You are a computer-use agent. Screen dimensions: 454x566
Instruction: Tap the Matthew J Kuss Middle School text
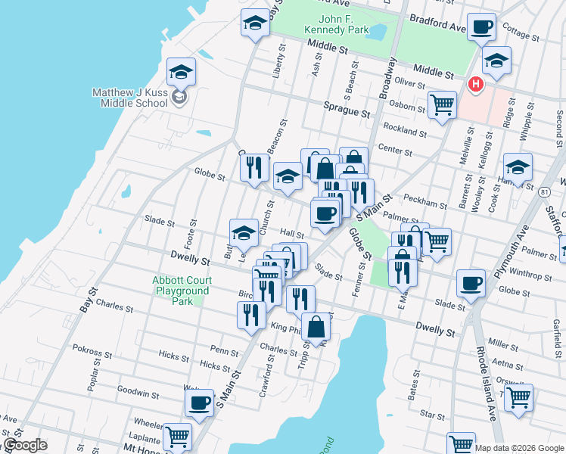pos(129,98)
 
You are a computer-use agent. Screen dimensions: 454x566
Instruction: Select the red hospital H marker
pos(475,84)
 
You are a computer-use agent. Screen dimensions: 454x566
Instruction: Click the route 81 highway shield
pos(546,193)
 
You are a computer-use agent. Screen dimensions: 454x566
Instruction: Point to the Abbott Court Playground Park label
pos(182,291)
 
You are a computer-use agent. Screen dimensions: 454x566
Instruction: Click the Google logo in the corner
pos(24,445)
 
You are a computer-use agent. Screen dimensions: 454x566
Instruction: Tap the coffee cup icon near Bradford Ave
pos(480,28)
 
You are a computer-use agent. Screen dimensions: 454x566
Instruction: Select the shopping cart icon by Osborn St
pos(442,105)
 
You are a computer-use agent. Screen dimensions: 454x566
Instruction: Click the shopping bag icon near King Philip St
pos(317,328)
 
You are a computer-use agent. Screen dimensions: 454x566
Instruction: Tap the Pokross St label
pos(92,350)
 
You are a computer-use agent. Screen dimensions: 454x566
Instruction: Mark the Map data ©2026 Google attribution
pos(520,448)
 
